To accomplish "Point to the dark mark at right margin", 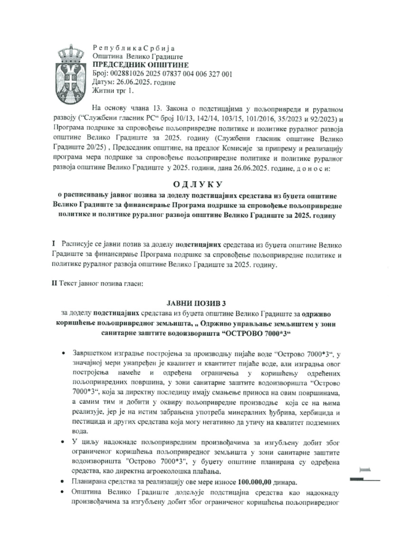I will [364, 478].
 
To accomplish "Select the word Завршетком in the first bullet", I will [95, 354].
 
